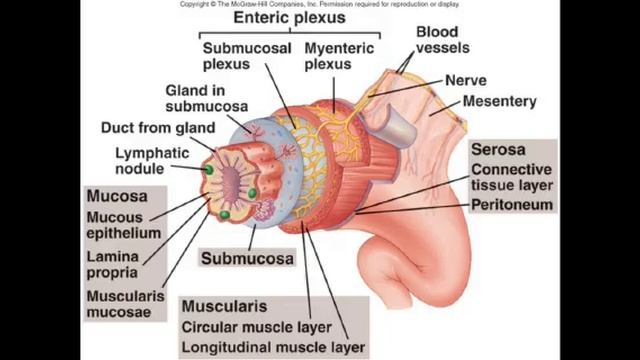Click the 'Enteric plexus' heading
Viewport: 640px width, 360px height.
[x=288, y=18]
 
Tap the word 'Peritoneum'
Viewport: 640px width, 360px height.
[x=512, y=205]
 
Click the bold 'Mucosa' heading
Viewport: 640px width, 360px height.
[x=117, y=196]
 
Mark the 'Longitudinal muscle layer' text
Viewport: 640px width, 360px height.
[x=273, y=347]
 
